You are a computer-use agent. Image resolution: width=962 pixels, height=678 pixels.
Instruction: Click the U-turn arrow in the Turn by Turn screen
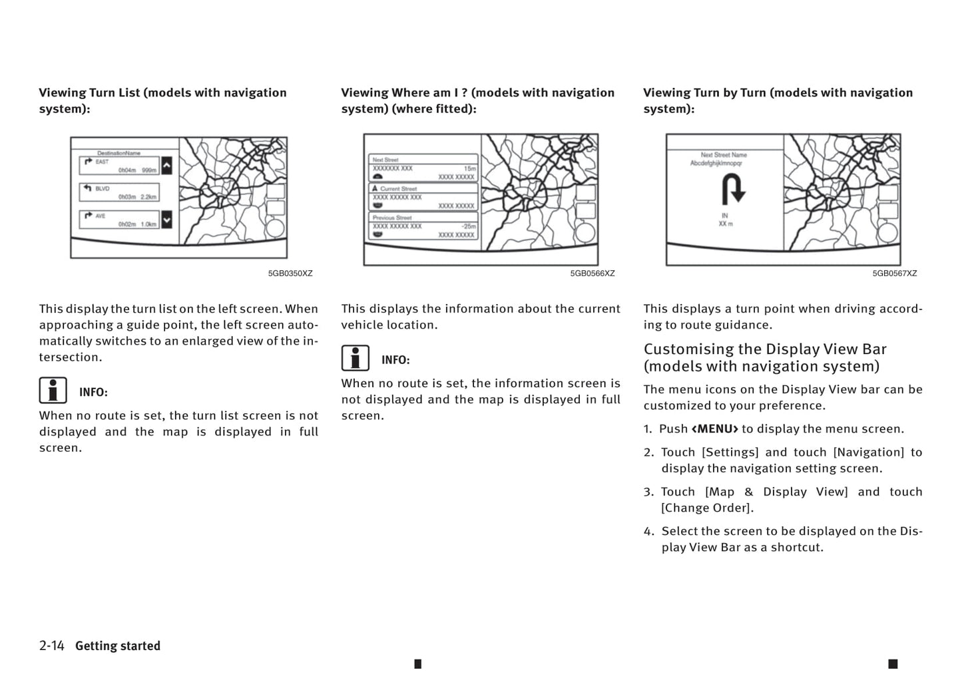tap(732, 189)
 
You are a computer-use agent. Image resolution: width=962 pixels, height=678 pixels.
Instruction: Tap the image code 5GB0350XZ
tap(290, 273)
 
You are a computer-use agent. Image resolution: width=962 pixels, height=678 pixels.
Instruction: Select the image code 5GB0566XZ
tap(593, 273)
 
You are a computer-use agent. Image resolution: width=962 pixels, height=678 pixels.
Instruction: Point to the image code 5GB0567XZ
tap(895, 273)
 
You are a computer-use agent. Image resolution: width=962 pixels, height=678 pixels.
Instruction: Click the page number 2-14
tap(51, 645)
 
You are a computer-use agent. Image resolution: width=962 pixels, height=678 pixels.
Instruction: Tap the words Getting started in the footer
tap(118, 646)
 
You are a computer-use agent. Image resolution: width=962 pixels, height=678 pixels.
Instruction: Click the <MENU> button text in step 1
tap(714, 429)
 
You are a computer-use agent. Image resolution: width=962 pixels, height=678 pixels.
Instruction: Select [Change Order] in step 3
tap(707, 508)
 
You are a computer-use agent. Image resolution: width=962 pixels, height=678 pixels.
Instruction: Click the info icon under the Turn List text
tap(53, 391)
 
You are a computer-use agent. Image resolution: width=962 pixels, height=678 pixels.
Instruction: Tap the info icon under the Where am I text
tap(356, 358)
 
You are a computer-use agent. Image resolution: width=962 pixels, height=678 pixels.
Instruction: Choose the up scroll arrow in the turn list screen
tap(166, 165)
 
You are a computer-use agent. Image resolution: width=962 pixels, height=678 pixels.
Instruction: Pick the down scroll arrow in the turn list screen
tap(166, 219)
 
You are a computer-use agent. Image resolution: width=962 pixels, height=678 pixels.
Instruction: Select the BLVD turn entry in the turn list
tap(119, 192)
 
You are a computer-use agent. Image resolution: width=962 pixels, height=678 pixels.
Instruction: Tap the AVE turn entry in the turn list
tap(119, 220)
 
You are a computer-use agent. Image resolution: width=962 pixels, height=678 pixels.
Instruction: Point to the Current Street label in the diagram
tap(398, 189)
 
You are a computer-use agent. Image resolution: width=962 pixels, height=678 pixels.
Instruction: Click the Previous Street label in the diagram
tap(392, 218)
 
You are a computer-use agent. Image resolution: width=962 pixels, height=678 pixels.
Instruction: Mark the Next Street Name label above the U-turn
tap(724, 155)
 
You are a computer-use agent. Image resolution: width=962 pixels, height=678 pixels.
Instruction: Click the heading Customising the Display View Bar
tap(765, 357)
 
